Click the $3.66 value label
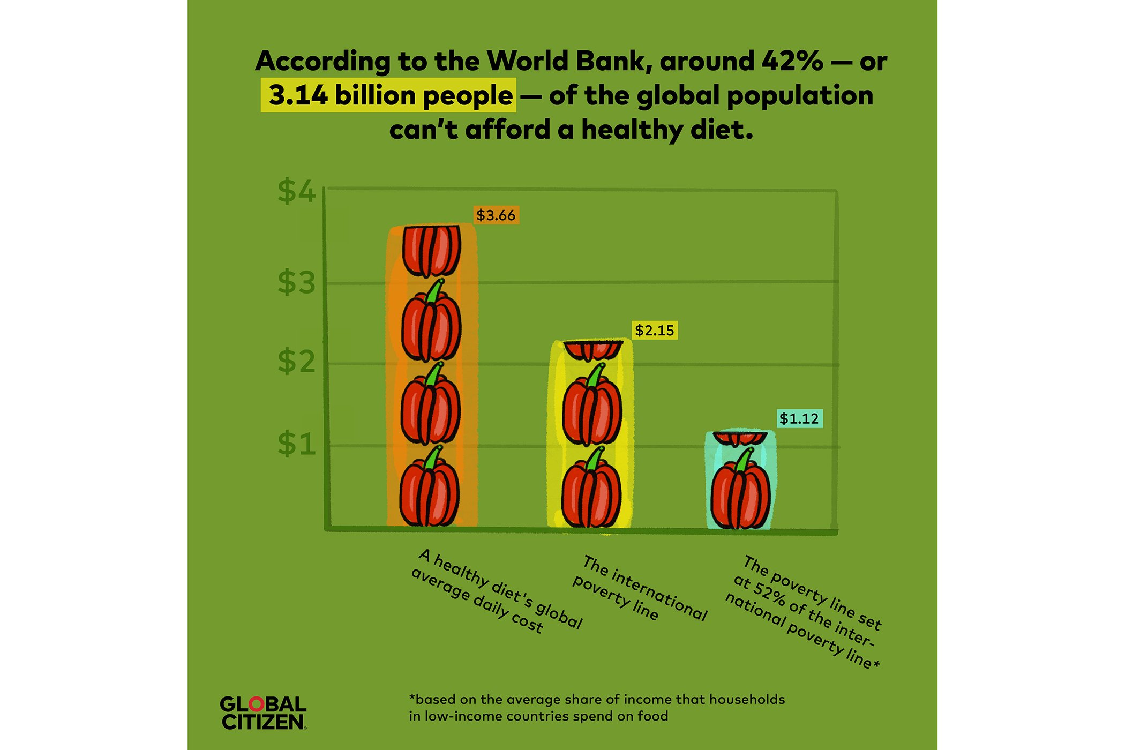tap(496, 215)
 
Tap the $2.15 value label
tap(654, 331)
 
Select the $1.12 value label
tap(799, 418)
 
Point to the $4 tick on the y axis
tap(296, 191)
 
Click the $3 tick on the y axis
tap(296, 282)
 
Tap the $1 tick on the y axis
tap(296, 444)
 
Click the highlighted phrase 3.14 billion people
tap(389, 95)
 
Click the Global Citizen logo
tap(262, 713)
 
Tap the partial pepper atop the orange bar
tap(431, 250)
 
